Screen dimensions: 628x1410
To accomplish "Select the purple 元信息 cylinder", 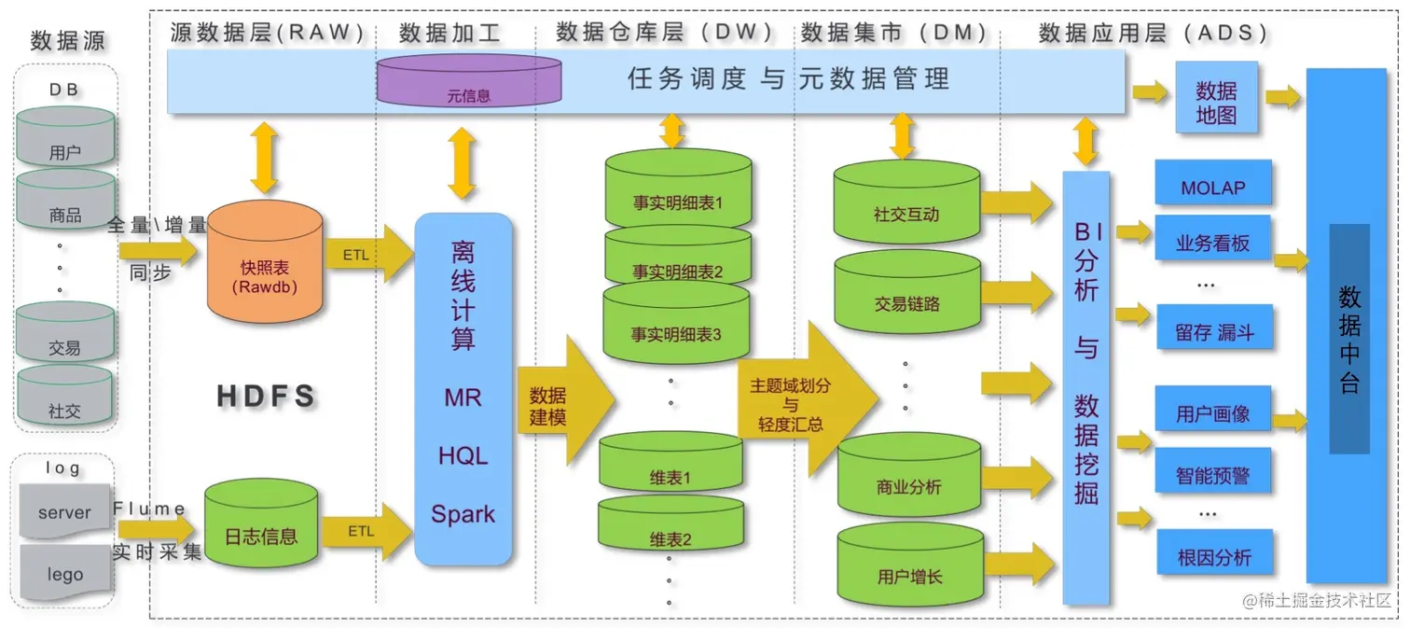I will (x=469, y=81).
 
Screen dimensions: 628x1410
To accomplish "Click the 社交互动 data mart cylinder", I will (x=905, y=205).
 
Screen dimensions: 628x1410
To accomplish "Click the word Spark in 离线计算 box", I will (x=463, y=514).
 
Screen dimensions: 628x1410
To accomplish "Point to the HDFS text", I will (x=267, y=396).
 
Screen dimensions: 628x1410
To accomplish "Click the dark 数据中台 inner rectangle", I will (x=1349, y=338).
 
